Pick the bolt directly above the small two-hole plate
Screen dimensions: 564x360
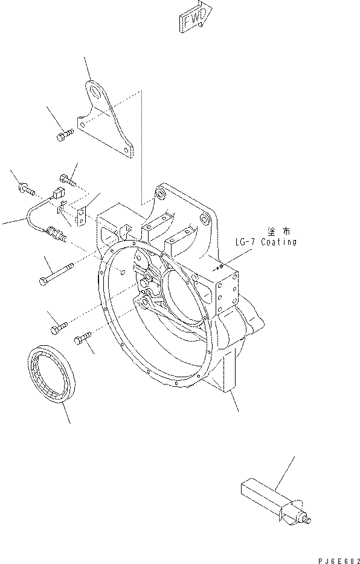[x=67, y=179]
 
